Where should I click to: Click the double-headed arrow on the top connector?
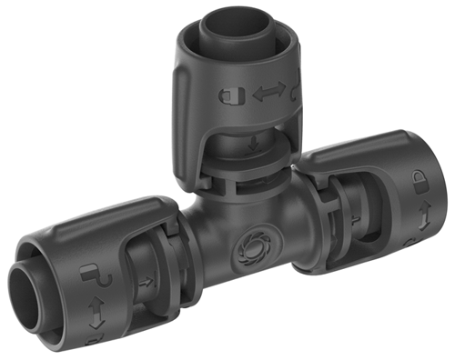click(x=264, y=92)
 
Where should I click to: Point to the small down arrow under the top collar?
click(x=252, y=142)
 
